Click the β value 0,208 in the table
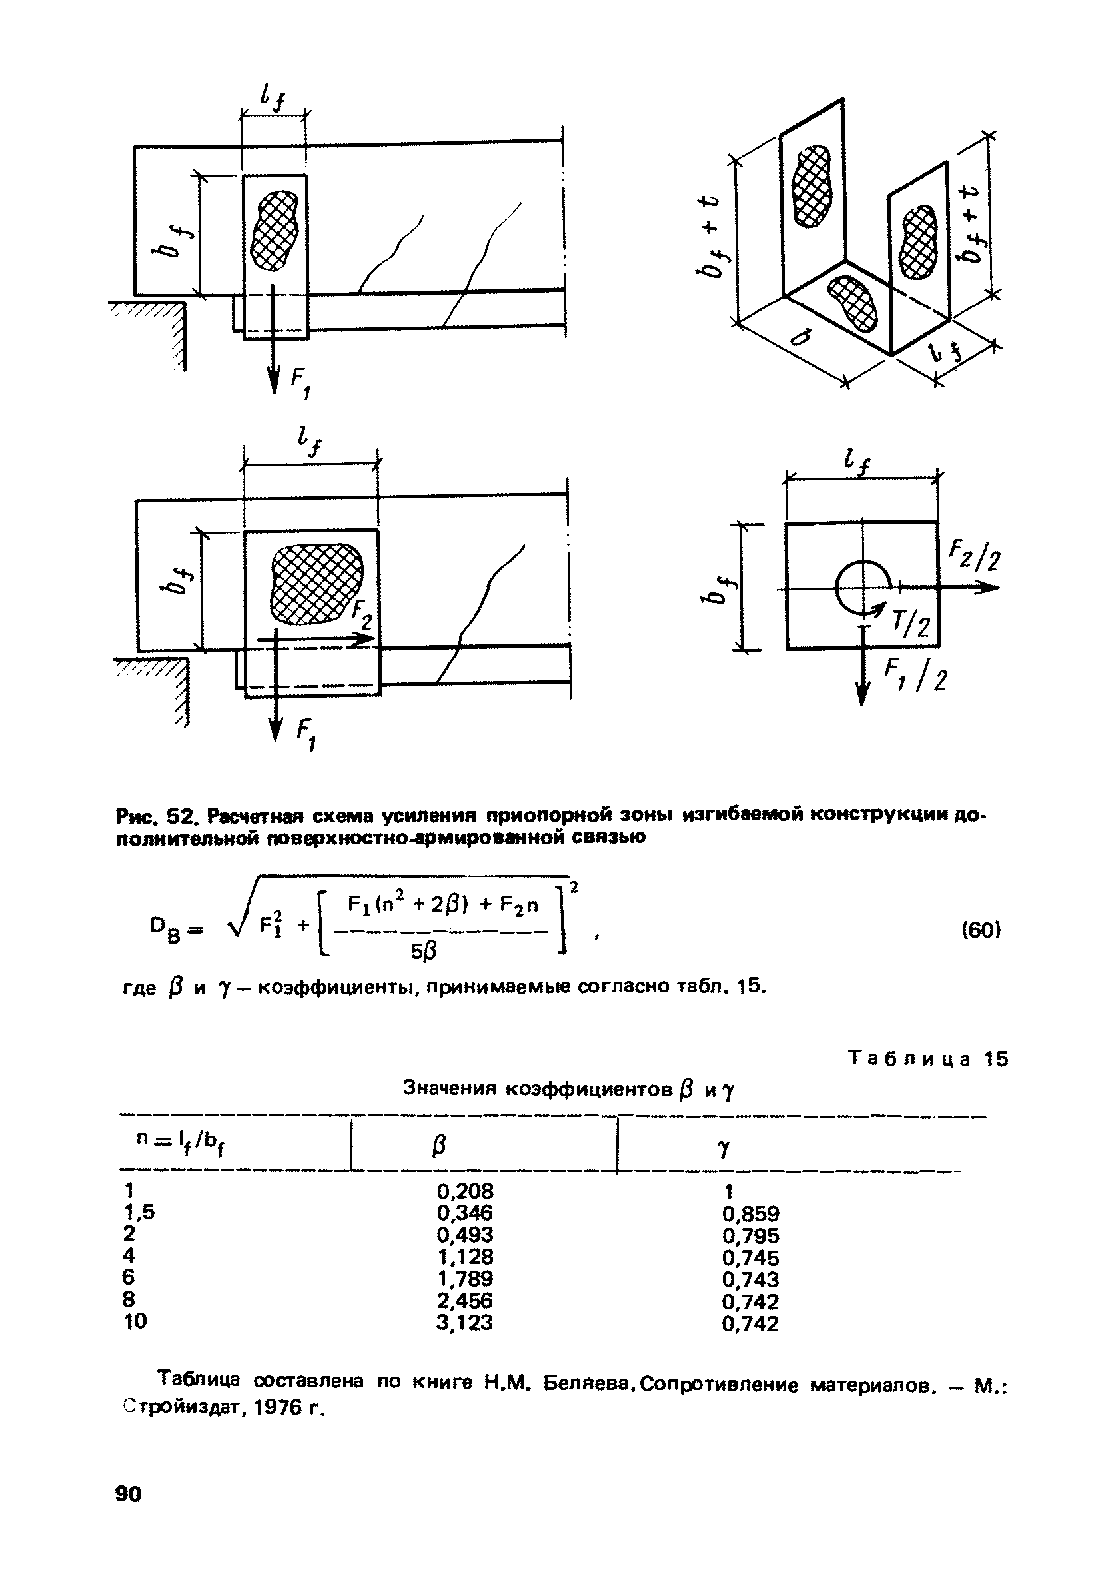coord(464,1191)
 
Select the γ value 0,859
coord(750,1213)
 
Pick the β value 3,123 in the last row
coord(464,1321)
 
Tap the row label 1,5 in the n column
coord(139,1212)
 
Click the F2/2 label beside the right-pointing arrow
coord(974,555)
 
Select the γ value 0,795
coord(750,1235)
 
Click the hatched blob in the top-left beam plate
coord(274,230)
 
